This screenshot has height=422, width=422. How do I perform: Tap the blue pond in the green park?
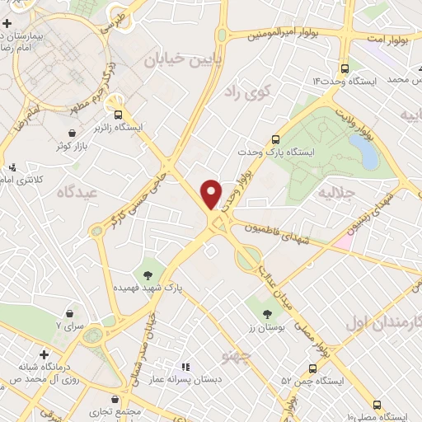[x=364, y=152]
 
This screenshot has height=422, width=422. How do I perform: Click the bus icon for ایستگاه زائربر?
[x=119, y=115]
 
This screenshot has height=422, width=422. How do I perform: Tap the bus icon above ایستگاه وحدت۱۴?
[x=344, y=68]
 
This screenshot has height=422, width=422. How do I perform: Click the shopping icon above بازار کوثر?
[x=73, y=132]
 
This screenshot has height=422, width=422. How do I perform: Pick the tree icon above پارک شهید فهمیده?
[x=148, y=274]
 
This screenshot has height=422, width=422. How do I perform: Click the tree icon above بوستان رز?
[x=267, y=314]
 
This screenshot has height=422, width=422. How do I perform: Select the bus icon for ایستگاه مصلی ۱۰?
[x=377, y=405]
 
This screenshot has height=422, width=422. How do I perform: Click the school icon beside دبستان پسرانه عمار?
[x=185, y=366]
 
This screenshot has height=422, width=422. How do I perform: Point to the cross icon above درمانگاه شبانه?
[x=43, y=354]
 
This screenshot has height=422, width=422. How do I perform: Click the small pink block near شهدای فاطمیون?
[x=343, y=243]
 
